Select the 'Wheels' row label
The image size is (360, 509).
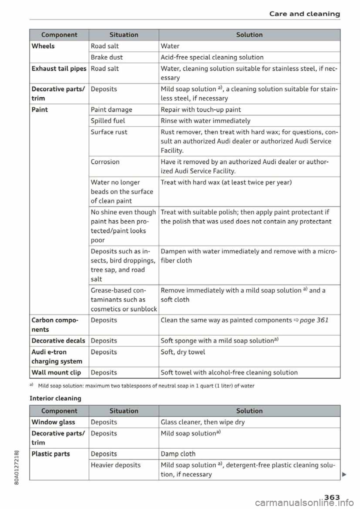pos(43,46)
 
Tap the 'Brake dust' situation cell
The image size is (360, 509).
pos(107,57)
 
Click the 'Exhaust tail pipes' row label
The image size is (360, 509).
pos(59,69)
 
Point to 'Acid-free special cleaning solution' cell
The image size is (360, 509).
pos(212,57)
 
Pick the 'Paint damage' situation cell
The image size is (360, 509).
pos(111,110)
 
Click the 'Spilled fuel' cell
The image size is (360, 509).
pos(108,121)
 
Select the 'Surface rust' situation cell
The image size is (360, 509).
pos(109,132)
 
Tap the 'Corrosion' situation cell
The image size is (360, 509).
pos(105,162)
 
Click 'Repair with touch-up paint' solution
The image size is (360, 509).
pos(201,110)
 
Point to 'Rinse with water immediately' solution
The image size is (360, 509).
pos(205,121)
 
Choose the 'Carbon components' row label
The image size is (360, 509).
pos(55,325)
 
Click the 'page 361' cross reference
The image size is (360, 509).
pos(314,320)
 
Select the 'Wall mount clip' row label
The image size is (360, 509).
pos(56,373)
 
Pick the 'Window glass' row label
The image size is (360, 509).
pos(53,422)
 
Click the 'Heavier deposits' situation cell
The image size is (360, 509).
pos(116,465)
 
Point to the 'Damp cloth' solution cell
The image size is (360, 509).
pos(178,454)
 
